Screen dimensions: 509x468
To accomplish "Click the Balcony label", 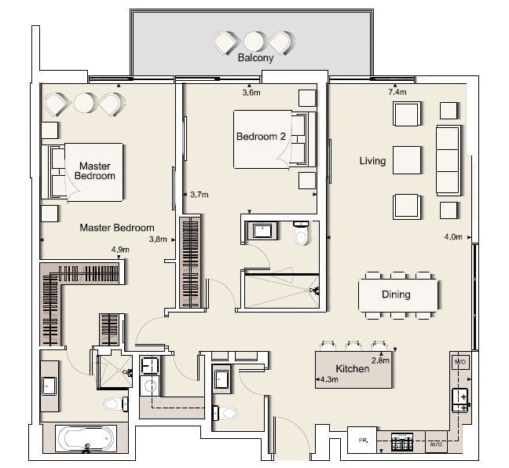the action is (255, 58).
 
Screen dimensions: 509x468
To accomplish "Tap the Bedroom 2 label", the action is (261, 137).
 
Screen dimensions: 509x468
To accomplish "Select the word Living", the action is (372, 161).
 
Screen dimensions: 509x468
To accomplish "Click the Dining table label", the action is (396, 294).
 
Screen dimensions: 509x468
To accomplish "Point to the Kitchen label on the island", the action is (352, 369).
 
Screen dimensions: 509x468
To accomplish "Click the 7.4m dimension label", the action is (397, 92).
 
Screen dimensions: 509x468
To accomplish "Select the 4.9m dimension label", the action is (120, 250).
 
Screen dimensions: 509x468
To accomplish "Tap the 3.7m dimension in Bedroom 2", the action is (200, 195).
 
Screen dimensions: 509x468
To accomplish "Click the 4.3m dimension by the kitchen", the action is (329, 379).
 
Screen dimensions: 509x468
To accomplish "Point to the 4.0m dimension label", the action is (453, 237).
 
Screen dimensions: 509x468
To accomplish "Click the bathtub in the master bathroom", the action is (86, 438).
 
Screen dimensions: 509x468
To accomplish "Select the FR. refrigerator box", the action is (362, 440).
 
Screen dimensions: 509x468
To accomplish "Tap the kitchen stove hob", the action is (402, 442).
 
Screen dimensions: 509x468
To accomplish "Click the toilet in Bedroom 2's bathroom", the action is (302, 234).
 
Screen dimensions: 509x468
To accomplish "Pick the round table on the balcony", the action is (254, 41).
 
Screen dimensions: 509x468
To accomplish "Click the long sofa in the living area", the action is (449, 160).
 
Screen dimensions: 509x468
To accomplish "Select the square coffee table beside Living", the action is (407, 160).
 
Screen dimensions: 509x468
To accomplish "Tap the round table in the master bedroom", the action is (84, 103).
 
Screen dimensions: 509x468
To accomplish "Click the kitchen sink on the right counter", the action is (460, 400).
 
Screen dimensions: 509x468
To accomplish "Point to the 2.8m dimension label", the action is (380, 360).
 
